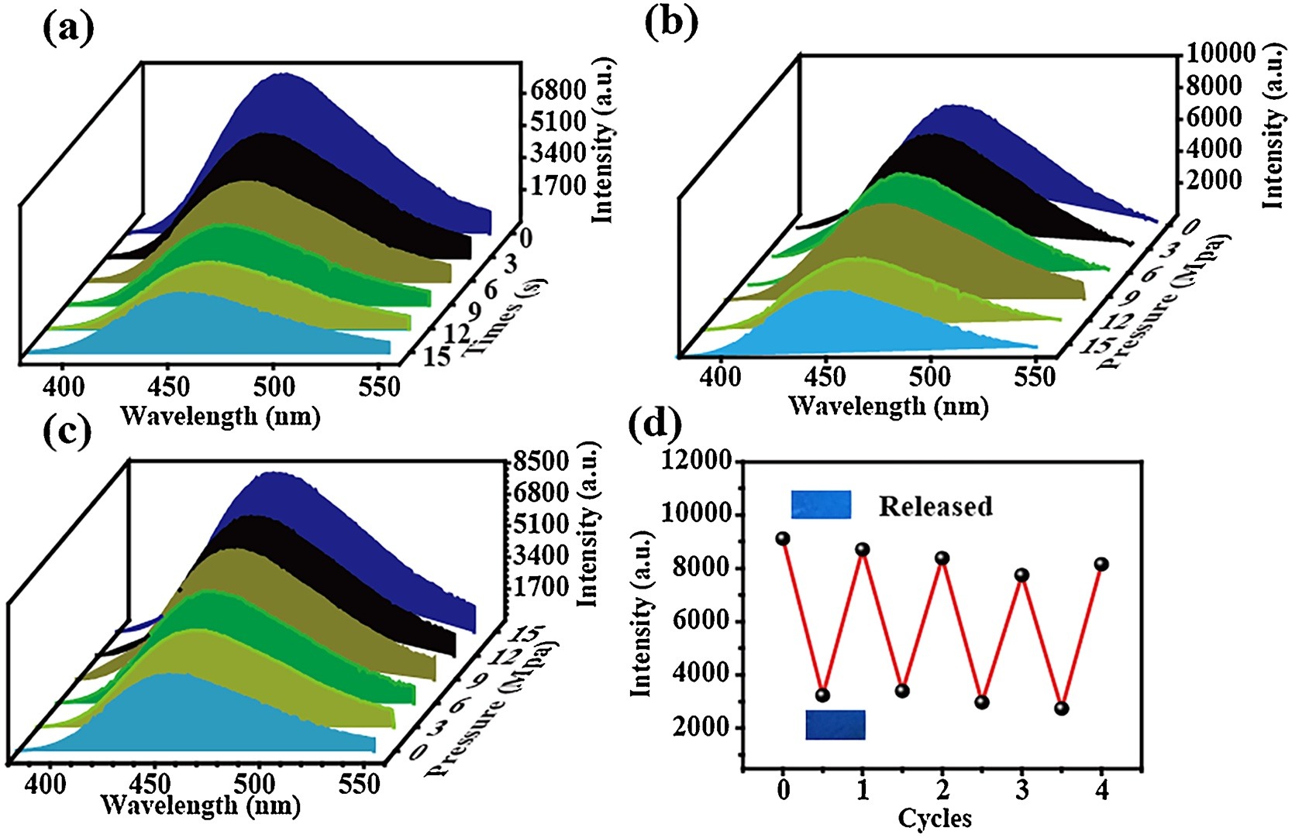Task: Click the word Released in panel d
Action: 935,506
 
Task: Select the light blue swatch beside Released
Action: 821,504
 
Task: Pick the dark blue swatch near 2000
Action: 835,724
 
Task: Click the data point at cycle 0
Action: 783,538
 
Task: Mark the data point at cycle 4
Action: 1101,565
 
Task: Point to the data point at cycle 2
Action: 942,558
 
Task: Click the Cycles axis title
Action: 935,818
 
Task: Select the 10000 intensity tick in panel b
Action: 1219,54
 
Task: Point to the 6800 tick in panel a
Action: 558,91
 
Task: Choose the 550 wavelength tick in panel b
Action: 1034,377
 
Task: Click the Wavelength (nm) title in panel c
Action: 200,805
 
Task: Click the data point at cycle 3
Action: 1022,575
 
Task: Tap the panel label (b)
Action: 671,23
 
